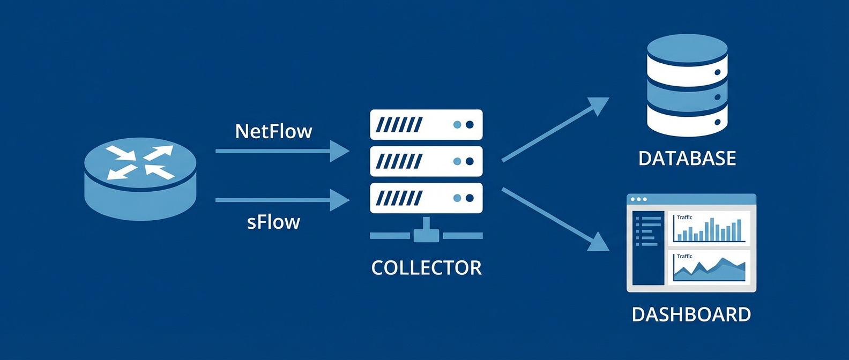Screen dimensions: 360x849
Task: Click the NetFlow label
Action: tap(273, 131)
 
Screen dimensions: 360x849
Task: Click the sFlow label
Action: tap(273, 222)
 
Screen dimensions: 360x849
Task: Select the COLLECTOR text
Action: tap(426, 268)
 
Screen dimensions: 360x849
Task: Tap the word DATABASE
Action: tap(687, 159)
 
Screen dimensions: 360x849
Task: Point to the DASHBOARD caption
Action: tap(691, 314)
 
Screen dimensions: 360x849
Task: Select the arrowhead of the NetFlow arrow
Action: tap(340, 151)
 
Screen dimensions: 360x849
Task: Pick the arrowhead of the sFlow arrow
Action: tap(340, 200)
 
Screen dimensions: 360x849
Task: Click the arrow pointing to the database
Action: tap(552, 131)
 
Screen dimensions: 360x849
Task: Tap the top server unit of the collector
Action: tap(426, 125)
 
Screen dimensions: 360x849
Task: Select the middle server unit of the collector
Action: tap(426, 161)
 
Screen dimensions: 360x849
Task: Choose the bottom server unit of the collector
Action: tap(426, 198)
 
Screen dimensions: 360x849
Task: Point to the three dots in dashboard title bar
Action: tap(639, 199)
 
